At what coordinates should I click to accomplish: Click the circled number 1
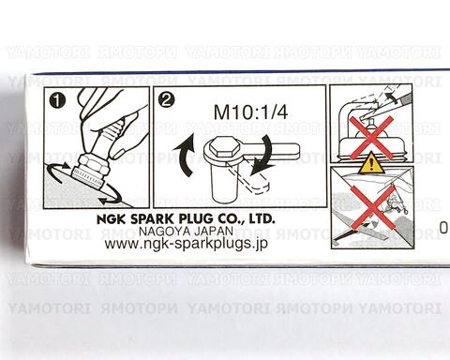pos(58,101)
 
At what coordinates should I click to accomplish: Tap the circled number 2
pos(167,100)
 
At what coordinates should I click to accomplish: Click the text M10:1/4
pos(250,112)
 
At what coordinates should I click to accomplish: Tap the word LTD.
pos(262,219)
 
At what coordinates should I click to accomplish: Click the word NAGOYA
pos(164,232)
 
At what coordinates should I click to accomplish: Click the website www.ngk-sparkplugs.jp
pos(187,244)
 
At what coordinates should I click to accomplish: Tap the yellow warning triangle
pos(371,163)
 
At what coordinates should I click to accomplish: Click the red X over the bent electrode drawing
pos(371,138)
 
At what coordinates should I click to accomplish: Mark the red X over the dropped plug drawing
pos(372,207)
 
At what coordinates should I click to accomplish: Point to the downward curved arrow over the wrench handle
pos(264,154)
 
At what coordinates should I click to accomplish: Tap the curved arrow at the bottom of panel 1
pos(110,197)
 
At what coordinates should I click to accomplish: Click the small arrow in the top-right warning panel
pos(392,96)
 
